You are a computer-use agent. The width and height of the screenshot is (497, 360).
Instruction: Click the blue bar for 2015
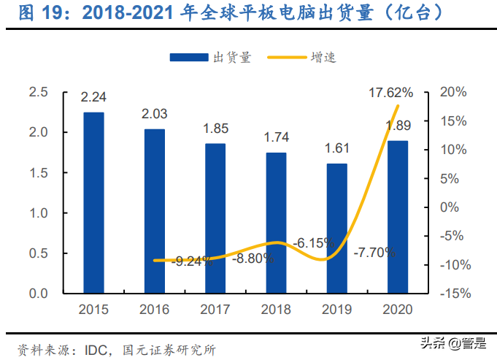coord(93,202)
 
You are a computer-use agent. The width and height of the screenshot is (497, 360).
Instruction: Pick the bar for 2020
coord(397,216)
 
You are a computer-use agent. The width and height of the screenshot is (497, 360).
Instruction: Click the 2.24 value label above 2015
coord(93,98)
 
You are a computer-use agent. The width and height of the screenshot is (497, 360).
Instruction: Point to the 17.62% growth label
coord(390,93)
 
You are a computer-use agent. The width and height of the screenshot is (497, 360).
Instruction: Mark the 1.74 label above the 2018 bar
coord(276,138)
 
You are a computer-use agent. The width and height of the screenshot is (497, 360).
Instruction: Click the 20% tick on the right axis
coord(452,92)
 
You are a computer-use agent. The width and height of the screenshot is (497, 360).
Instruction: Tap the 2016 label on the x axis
coord(154,309)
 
